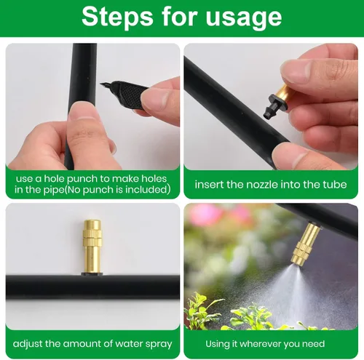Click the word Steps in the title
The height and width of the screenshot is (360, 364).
coord(117,17)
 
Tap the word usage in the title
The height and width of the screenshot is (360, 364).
coord(244,18)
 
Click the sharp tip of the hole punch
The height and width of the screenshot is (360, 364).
coord(101,84)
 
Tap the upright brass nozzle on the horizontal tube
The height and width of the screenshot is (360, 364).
coord(92,247)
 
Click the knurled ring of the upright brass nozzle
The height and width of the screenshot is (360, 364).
coord(92,236)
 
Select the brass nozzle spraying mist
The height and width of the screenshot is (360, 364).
coord(304,244)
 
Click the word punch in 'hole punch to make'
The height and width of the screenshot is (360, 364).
coord(82,179)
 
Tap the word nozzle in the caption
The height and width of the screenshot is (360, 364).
coord(262,185)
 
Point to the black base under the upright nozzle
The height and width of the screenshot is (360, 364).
coord(92,274)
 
